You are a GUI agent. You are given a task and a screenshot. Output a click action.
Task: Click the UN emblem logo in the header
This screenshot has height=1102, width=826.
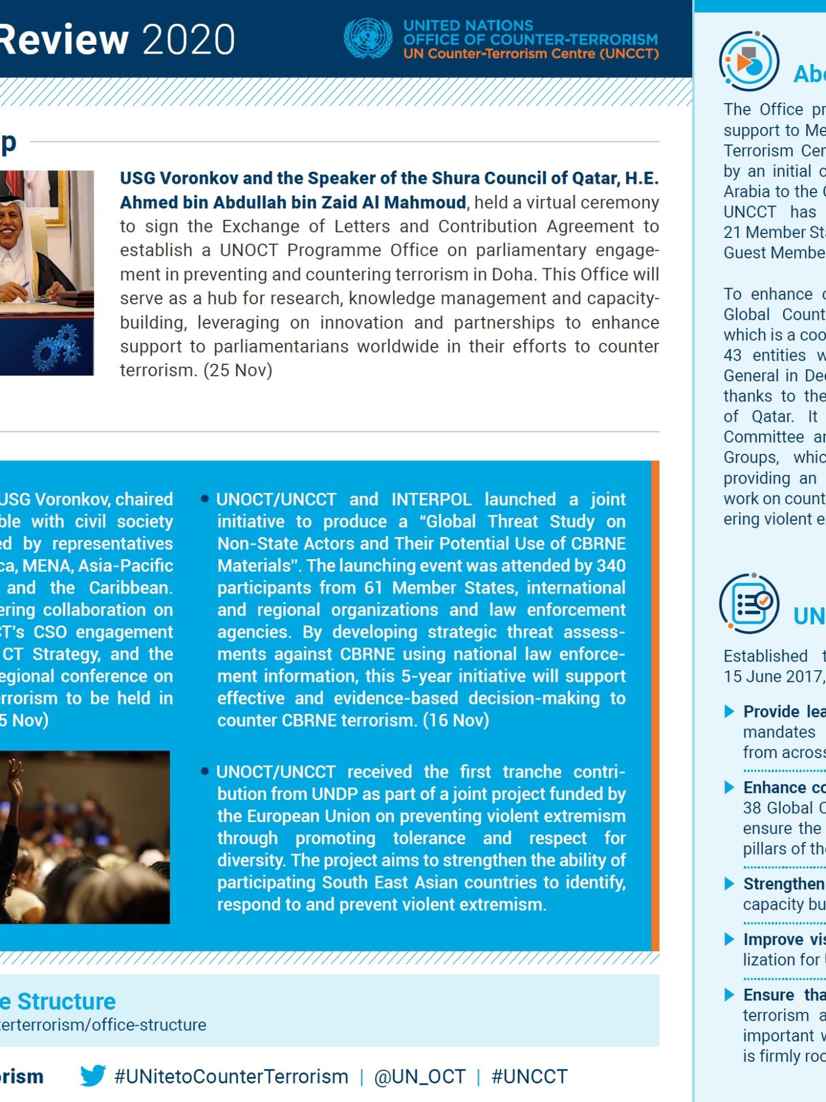(x=368, y=39)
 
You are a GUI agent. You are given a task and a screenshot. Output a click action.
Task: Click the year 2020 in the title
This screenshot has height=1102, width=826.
(x=188, y=40)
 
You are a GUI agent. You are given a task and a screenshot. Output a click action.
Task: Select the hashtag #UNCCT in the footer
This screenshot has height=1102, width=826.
(x=529, y=1076)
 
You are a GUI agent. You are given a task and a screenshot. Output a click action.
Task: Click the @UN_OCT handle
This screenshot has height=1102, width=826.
(x=419, y=1076)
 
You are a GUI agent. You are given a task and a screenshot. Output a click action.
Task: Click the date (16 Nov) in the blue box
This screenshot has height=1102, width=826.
(x=455, y=720)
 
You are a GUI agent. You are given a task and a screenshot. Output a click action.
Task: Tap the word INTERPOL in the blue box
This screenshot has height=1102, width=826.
(x=431, y=499)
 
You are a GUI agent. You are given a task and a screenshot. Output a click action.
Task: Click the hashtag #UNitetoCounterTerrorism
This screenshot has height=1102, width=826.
(x=231, y=1076)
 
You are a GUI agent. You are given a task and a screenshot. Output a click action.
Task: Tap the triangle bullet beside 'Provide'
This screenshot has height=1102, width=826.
(x=729, y=712)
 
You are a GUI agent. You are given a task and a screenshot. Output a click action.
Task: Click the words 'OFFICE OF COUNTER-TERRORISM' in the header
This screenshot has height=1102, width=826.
(x=531, y=40)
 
